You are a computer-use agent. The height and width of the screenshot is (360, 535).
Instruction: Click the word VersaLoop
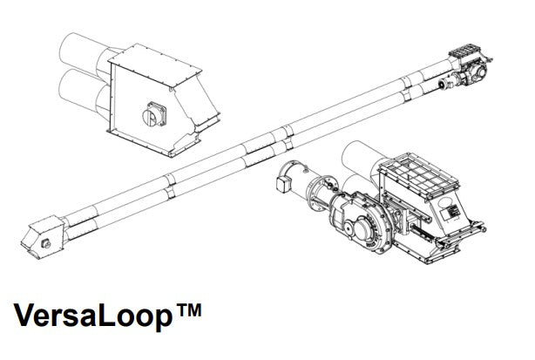[x=93, y=315]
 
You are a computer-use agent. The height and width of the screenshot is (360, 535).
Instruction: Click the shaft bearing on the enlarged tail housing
[x=154, y=114]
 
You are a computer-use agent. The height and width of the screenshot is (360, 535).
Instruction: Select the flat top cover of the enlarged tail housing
[x=154, y=65]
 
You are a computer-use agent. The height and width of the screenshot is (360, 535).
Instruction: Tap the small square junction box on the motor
[x=283, y=183]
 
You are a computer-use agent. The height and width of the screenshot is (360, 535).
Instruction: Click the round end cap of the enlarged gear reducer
[x=363, y=233]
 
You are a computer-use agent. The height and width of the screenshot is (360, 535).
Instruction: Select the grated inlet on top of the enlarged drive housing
[x=419, y=175]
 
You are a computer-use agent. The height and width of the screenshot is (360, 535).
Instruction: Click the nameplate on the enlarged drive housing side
[x=449, y=213]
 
